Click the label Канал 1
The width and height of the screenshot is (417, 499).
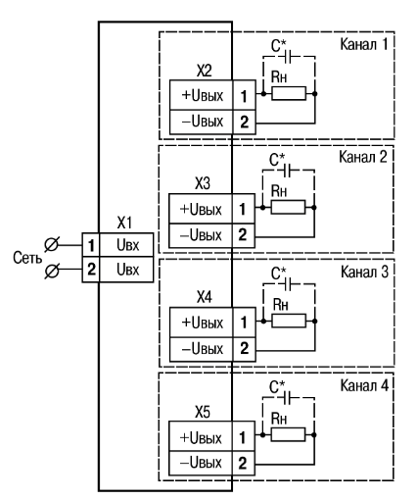(364, 44)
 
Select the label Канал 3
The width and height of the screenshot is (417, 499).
(364, 272)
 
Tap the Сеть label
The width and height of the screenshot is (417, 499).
(27, 258)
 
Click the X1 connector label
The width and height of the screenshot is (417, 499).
(124, 223)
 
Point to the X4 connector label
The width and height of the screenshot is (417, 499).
(204, 297)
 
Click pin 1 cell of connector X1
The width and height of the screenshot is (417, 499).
(91, 245)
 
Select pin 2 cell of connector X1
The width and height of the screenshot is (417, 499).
(91, 270)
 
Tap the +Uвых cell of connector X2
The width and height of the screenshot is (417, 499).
(202, 95)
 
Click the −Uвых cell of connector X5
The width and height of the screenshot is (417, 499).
(201, 463)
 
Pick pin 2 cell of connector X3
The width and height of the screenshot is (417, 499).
(243, 235)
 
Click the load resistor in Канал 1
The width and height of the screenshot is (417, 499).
(289, 94)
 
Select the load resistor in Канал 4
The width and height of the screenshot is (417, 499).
(288, 435)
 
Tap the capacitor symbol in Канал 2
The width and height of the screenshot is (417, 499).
(287, 171)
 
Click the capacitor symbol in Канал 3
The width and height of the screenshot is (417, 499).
(288, 284)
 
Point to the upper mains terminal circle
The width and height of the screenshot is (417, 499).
(52, 245)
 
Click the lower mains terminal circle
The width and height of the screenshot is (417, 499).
(52, 271)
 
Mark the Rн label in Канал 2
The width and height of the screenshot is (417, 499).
(279, 191)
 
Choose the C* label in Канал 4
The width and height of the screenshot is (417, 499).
(277, 386)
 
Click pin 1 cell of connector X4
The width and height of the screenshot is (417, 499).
(244, 323)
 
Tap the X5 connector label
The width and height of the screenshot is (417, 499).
(203, 412)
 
